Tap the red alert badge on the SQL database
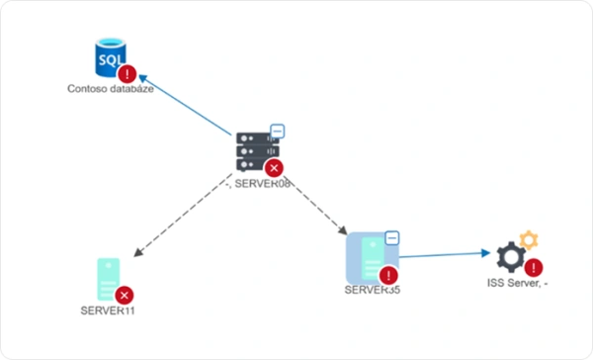pos(127,73)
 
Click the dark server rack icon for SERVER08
pos(254,150)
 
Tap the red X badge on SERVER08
pos(274,168)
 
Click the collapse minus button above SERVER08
pos(278,131)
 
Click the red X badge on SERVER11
pos(124,295)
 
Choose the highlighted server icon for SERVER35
pos(368,257)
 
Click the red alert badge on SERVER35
pos(387,275)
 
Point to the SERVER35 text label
pos(372,291)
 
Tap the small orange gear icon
pos(529,238)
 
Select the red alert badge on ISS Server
pos(534,267)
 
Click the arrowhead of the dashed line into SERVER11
pos(138,254)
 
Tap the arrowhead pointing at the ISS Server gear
pos(485,253)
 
